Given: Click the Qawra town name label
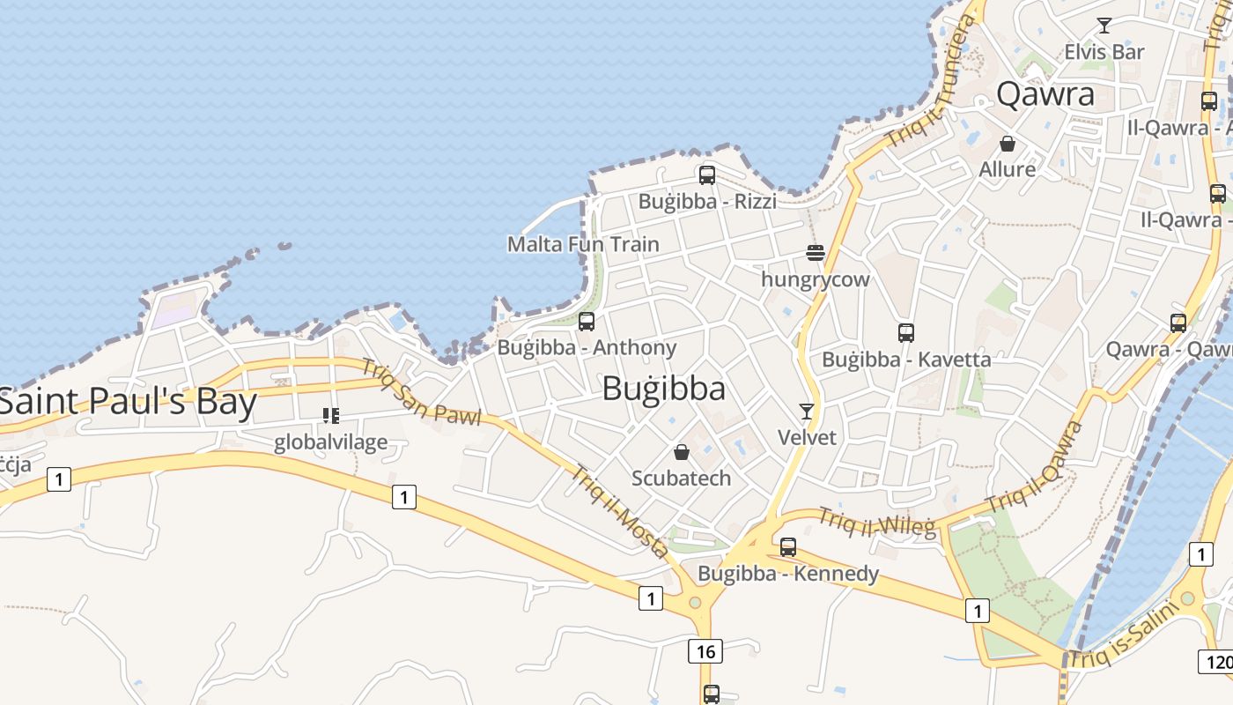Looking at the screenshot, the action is click(x=1045, y=94).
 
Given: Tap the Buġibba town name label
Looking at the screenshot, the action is click(x=664, y=389).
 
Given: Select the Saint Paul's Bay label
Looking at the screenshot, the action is click(x=128, y=402).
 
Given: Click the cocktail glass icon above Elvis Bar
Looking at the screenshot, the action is click(x=1104, y=26).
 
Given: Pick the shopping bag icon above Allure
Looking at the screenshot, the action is click(x=1008, y=143).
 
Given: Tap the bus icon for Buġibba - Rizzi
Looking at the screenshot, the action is click(x=706, y=175).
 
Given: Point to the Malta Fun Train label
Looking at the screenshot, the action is click(x=583, y=244).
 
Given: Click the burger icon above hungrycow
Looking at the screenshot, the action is click(x=815, y=254).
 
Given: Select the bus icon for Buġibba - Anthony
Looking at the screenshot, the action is click(x=587, y=322).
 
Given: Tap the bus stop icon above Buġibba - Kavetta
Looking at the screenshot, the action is click(x=906, y=333).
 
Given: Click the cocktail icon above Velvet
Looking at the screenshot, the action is click(x=807, y=411).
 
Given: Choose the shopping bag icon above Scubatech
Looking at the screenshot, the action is click(x=682, y=453).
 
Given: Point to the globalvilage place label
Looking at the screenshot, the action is click(x=330, y=442).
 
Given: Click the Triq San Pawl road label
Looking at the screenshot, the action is click(x=421, y=394).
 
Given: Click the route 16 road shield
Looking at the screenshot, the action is click(x=705, y=651).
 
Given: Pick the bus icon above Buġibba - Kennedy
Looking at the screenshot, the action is click(x=788, y=547).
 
